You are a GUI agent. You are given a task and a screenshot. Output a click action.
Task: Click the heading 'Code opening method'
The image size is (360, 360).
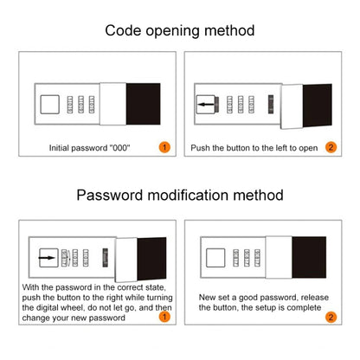pyautogui.click(x=180, y=30)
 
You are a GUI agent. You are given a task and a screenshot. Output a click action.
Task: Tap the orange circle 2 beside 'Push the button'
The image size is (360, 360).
pyautogui.click(x=330, y=147)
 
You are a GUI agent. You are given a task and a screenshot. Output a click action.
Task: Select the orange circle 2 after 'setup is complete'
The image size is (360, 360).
pyautogui.click(x=330, y=318)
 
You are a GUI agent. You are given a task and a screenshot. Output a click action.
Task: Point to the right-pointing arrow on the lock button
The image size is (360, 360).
pyautogui.click(x=46, y=257)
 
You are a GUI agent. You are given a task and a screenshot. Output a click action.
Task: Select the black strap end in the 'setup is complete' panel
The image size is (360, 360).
pyautogui.click(x=318, y=257)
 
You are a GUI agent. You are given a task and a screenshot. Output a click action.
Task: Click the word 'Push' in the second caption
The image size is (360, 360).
pyautogui.click(x=202, y=148)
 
